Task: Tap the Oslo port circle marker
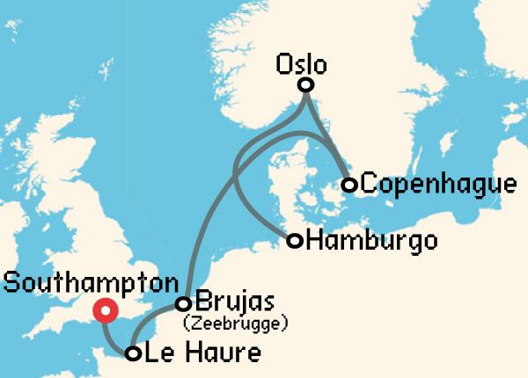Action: [305, 85]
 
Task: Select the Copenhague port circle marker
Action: [349, 185]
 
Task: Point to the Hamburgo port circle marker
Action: [295, 240]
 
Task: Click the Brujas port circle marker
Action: [184, 304]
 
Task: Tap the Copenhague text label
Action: [438, 185]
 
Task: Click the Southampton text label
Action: [90, 283]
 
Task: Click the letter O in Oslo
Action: [283, 64]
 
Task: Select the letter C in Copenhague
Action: [370, 185]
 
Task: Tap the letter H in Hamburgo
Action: [313, 240]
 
